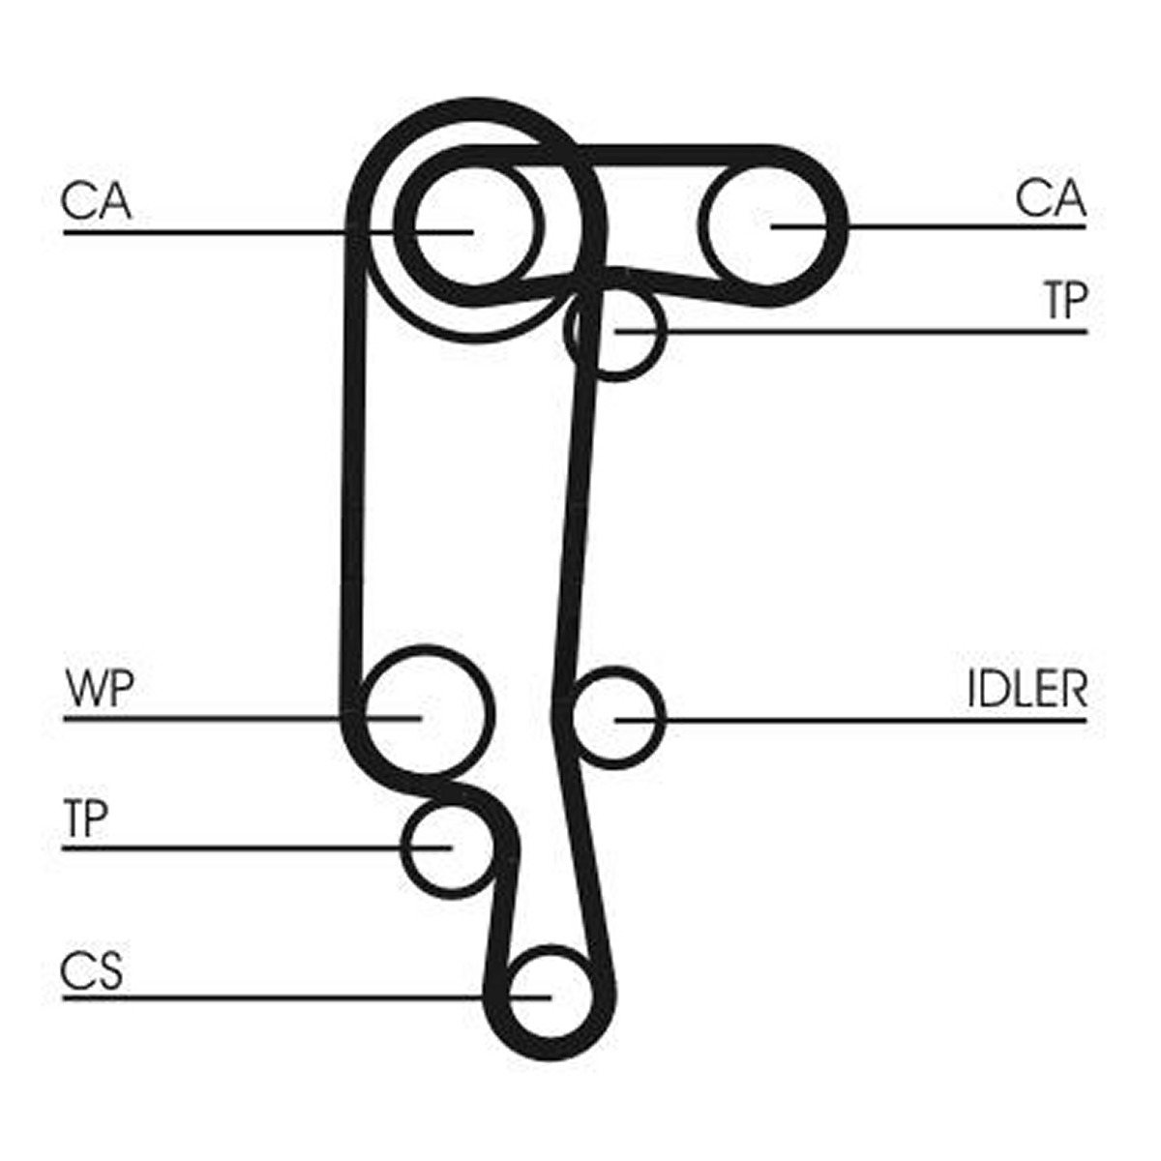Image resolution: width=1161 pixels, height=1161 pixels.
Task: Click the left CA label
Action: [97, 201]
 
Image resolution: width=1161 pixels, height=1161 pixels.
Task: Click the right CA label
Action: [1051, 199]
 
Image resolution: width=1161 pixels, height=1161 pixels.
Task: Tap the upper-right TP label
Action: [1067, 301]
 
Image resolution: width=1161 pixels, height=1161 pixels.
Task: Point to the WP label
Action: [100, 689]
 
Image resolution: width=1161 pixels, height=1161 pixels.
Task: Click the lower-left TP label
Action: [86, 819]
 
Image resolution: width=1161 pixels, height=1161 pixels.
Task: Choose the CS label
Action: [92, 970]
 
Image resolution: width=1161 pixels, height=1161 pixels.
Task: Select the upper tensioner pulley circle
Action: [664, 333]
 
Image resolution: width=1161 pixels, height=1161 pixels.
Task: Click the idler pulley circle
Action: [663, 719]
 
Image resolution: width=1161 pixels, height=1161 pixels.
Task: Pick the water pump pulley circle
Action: [491, 713]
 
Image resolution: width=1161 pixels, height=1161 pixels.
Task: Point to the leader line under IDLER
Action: [850, 720]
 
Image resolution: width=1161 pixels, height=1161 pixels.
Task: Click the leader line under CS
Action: [307, 998]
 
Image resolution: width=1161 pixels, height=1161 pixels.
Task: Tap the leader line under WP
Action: [242, 719]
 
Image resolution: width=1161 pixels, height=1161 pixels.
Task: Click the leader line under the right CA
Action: [929, 227]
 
